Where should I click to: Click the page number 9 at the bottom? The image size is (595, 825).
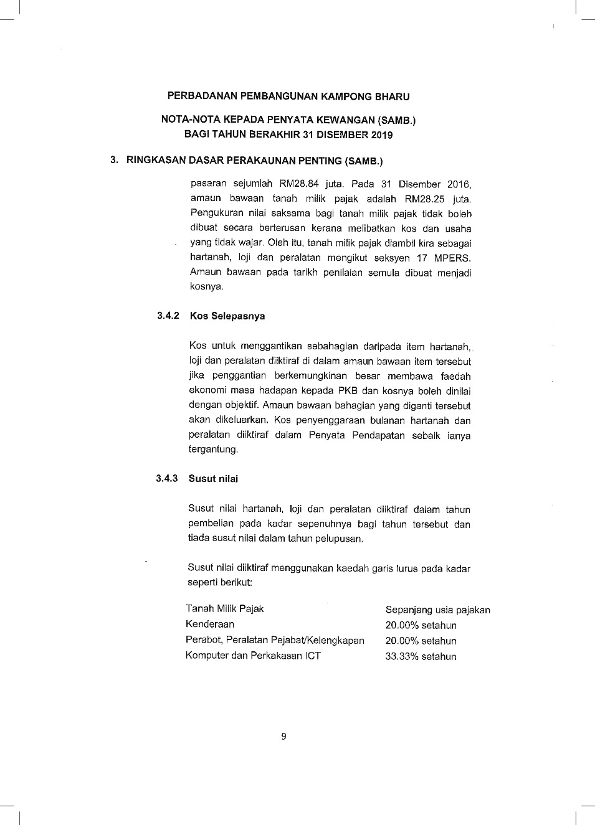tap(283, 737)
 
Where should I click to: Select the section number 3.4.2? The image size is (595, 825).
tap(168, 316)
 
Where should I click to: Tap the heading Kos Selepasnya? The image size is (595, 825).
tap(227, 316)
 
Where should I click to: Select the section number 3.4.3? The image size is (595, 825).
tap(167, 478)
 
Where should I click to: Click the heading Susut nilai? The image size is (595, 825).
tap(213, 478)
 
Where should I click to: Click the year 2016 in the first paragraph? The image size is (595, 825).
tap(459, 184)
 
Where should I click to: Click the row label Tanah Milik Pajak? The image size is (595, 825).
tap(225, 608)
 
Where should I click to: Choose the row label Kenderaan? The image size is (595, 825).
tap(210, 624)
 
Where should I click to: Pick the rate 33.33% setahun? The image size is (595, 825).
tap(421, 656)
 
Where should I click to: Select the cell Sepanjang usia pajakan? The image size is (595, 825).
tap(437, 610)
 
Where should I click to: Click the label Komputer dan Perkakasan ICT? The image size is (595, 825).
tap(253, 655)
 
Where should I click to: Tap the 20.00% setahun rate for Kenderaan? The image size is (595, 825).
tap(421, 625)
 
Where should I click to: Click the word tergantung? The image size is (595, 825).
tap(213, 449)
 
